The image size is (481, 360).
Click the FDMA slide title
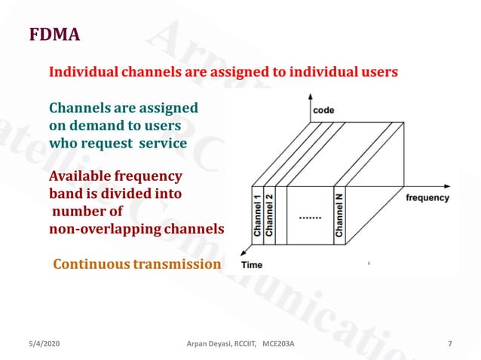pyautogui.click(x=54, y=35)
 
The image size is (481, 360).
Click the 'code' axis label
pyautogui.click(x=324, y=110)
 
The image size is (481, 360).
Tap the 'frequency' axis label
pyautogui.click(x=427, y=198)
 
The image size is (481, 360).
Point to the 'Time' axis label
pyautogui.click(x=252, y=265)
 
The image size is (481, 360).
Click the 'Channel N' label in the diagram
pyautogui.click(x=339, y=214)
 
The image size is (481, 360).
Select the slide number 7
pyautogui.click(x=449, y=344)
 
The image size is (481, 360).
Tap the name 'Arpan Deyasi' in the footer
pyautogui.click(x=207, y=344)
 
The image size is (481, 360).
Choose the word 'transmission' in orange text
pyautogui.click(x=177, y=264)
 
